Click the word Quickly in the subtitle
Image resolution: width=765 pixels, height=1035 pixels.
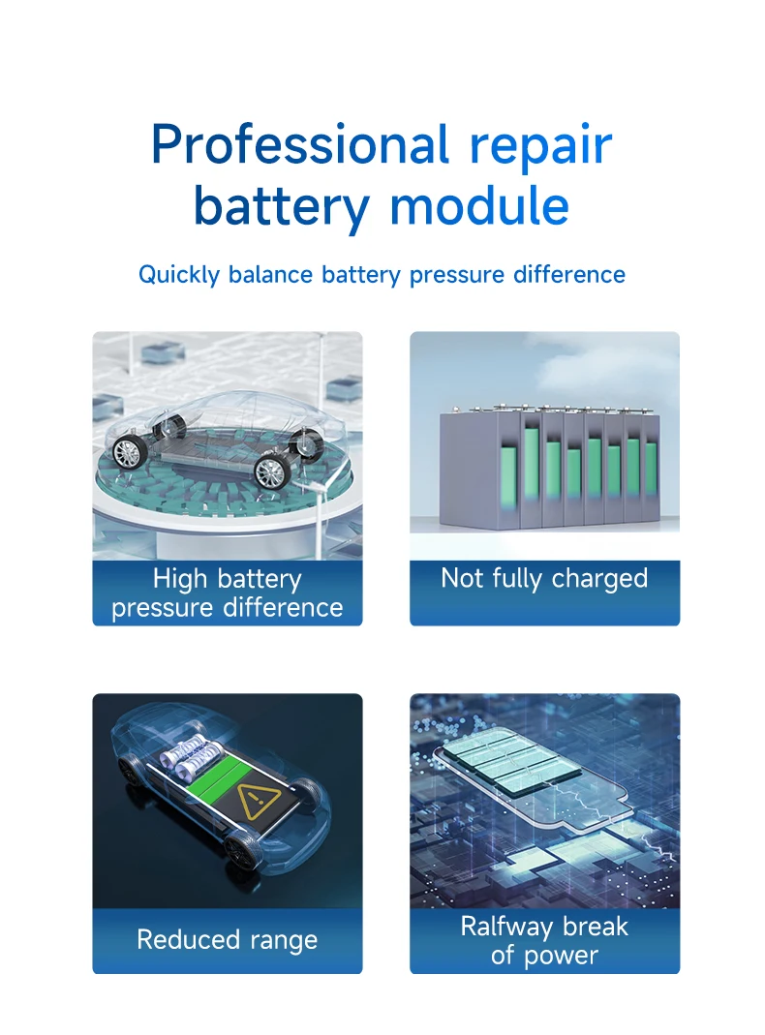click(x=179, y=275)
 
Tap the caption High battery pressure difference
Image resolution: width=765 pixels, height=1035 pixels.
click(x=228, y=594)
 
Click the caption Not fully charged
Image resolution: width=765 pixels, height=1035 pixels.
click(x=544, y=579)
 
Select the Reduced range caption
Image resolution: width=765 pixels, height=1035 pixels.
click(x=228, y=940)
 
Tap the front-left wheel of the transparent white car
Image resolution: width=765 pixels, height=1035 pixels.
click(x=270, y=472)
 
